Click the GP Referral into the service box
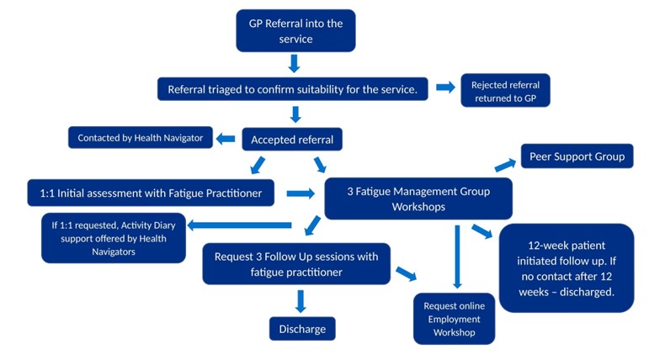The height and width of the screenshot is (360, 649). click(295, 31)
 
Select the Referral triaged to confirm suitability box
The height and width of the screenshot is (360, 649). click(292, 89)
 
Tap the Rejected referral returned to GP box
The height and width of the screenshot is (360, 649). click(505, 92)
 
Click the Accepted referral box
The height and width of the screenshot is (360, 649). click(292, 140)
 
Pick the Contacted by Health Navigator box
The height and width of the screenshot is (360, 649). click(140, 138)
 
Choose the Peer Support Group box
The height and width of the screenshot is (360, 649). click(577, 156)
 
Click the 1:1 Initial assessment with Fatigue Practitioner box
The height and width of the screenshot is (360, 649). click(151, 193)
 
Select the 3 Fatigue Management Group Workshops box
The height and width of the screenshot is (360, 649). click(418, 199)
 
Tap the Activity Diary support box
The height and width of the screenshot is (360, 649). click(113, 238)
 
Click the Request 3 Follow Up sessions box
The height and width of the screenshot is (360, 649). click(296, 264)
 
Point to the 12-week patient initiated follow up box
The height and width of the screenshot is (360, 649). click(566, 267)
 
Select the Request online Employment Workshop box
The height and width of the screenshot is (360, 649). click(454, 319)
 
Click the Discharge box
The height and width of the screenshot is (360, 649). click(302, 329)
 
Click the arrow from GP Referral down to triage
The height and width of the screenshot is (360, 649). click(294, 64)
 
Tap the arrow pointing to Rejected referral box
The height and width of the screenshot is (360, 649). click(445, 87)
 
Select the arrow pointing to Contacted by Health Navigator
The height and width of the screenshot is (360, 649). click(226, 139)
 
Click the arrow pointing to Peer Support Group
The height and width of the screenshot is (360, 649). click(505, 165)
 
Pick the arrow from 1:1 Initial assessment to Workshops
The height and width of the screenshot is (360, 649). click(300, 193)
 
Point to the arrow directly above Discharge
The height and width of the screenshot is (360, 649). click(301, 300)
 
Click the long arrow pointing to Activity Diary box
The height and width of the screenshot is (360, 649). click(239, 225)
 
